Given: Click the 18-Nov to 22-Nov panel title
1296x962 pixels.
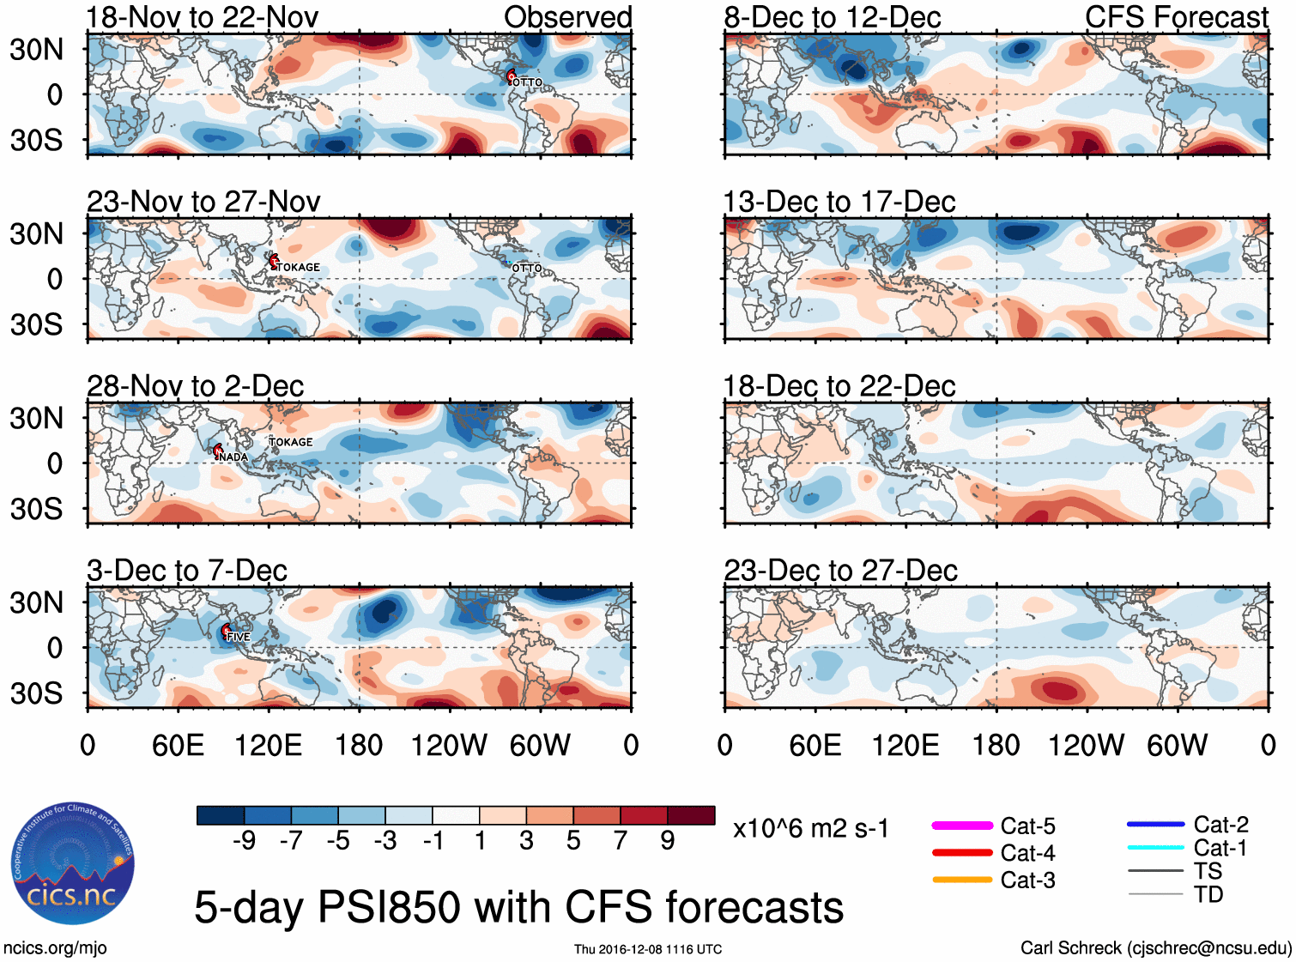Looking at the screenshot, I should pyautogui.click(x=203, y=17).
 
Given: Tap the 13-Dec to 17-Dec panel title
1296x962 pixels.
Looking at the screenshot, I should pyautogui.click(x=839, y=202).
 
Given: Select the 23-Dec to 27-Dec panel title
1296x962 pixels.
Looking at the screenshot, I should pyautogui.click(x=840, y=571).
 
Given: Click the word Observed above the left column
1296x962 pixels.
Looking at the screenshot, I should pyautogui.click(x=567, y=17).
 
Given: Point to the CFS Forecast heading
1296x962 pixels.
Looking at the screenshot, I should pyautogui.click(x=1176, y=17).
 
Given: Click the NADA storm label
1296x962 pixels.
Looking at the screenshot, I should pyautogui.click(x=233, y=457).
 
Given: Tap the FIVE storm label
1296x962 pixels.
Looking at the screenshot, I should pyautogui.click(x=239, y=637).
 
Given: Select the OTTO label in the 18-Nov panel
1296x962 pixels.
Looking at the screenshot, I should pyautogui.click(x=527, y=82).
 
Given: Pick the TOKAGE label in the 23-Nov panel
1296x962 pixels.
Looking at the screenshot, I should pyautogui.click(x=298, y=267).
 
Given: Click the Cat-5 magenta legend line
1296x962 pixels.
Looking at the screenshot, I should pyautogui.click(x=962, y=826).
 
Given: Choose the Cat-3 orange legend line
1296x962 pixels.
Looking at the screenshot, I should pyautogui.click(x=962, y=880).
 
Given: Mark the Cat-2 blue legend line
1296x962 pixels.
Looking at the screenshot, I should pyautogui.click(x=1155, y=825).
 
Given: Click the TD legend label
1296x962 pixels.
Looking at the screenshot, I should pyautogui.click(x=1208, y=894).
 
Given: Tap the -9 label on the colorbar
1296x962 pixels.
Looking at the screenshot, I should pyautogui.click(x=244, y=840).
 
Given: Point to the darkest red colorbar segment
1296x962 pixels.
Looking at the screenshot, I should pyautogui.click(x=691, y=815).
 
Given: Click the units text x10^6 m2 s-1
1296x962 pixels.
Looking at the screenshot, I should pyautogui.click(x=810, y=828).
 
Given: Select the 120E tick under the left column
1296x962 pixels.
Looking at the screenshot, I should pyautogui.click(x=268, y=745).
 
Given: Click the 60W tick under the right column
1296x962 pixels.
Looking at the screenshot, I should pyautogui.click(x=1177, y=745).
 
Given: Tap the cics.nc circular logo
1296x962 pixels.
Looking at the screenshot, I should pyautogui.click(x=72, y=864).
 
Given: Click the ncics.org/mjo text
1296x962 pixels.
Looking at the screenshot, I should pyautogui.click(x=55, y=947).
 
